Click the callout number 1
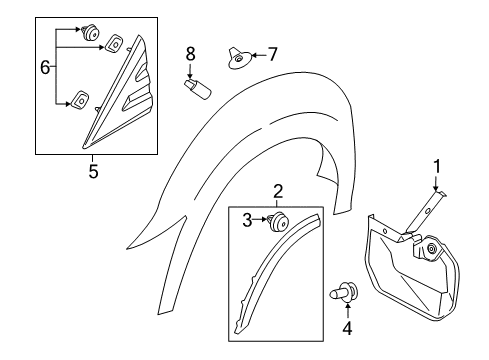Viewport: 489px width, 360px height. [436, 166]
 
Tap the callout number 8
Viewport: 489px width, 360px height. [191, 52]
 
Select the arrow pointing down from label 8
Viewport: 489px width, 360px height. [191, 68]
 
